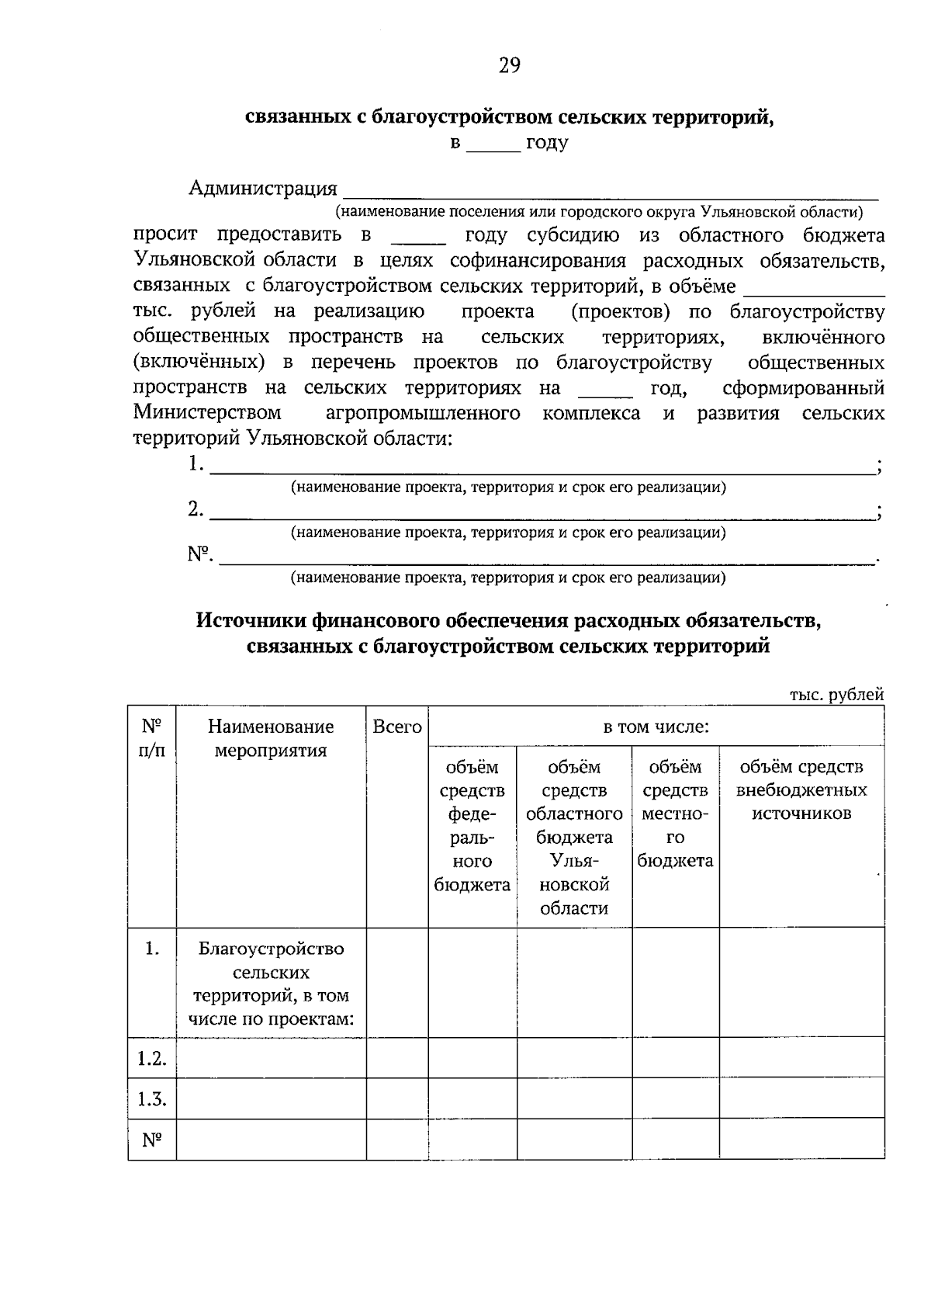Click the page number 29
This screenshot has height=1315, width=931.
(x=509, y=65)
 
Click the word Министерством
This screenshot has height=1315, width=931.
(x=207, y=413)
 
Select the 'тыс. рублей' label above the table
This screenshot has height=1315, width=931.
(x=836, y=695)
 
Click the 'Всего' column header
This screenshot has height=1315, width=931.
(x=397, y=727)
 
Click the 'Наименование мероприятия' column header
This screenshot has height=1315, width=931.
(x=271, y=738)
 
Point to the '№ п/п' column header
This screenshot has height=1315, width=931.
(x=152, y=738)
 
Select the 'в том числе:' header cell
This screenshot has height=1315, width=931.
(x=656, y=727)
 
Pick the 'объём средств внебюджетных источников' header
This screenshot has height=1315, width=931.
(x=801, y=790)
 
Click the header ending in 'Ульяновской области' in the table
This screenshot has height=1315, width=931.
(x=574, y=838)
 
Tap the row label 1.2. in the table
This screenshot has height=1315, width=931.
(x=152, y=1059)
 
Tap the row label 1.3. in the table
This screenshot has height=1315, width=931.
(x=152, y=1099)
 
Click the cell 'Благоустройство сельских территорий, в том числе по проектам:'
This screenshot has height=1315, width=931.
(x=271, y=984)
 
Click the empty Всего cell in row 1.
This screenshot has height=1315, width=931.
(x=397, y=983)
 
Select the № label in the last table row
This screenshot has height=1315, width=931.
(x=152, y=1140)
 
